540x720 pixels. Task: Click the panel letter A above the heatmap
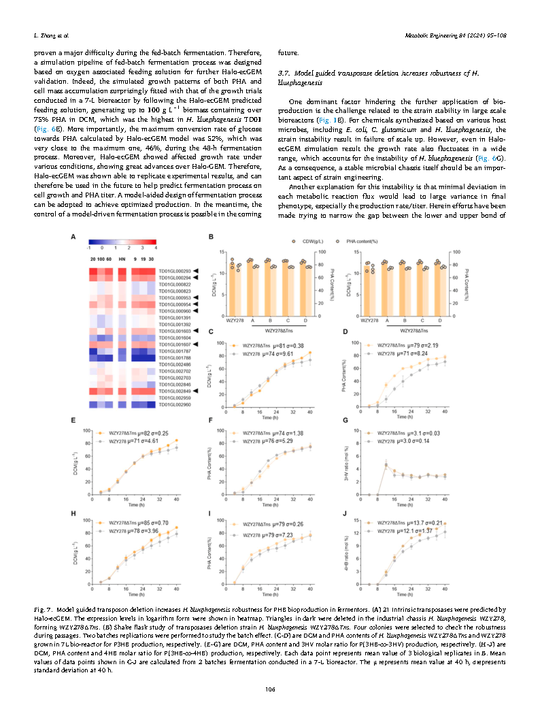point(73,237)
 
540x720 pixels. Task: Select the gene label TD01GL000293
point(174,272)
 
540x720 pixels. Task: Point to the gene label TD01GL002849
point(174,391)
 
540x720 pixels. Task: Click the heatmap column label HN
point(122,259)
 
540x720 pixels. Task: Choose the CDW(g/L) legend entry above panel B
point(307,241)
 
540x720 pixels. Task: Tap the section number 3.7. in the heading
point(286,72)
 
